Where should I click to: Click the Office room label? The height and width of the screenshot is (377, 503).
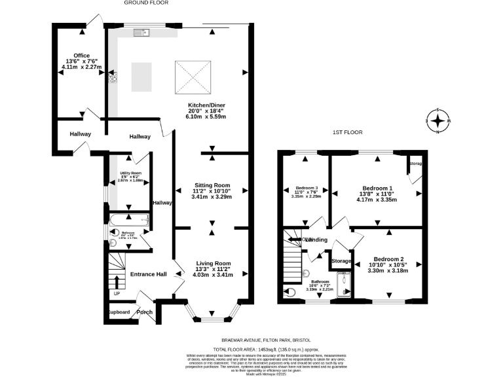coord(81,56)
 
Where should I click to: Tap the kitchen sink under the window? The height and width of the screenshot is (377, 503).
coord(141,32)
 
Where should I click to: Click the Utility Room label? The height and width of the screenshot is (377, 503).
coord(130,173)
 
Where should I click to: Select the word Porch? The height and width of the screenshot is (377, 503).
coord(145,312)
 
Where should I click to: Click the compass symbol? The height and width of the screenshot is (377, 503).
coord(437,120)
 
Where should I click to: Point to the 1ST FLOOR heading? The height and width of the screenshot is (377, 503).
coord(347,132)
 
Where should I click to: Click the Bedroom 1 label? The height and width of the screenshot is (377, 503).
coord(377,188)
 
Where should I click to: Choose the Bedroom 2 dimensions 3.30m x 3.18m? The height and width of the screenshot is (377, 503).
coord(387,270)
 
